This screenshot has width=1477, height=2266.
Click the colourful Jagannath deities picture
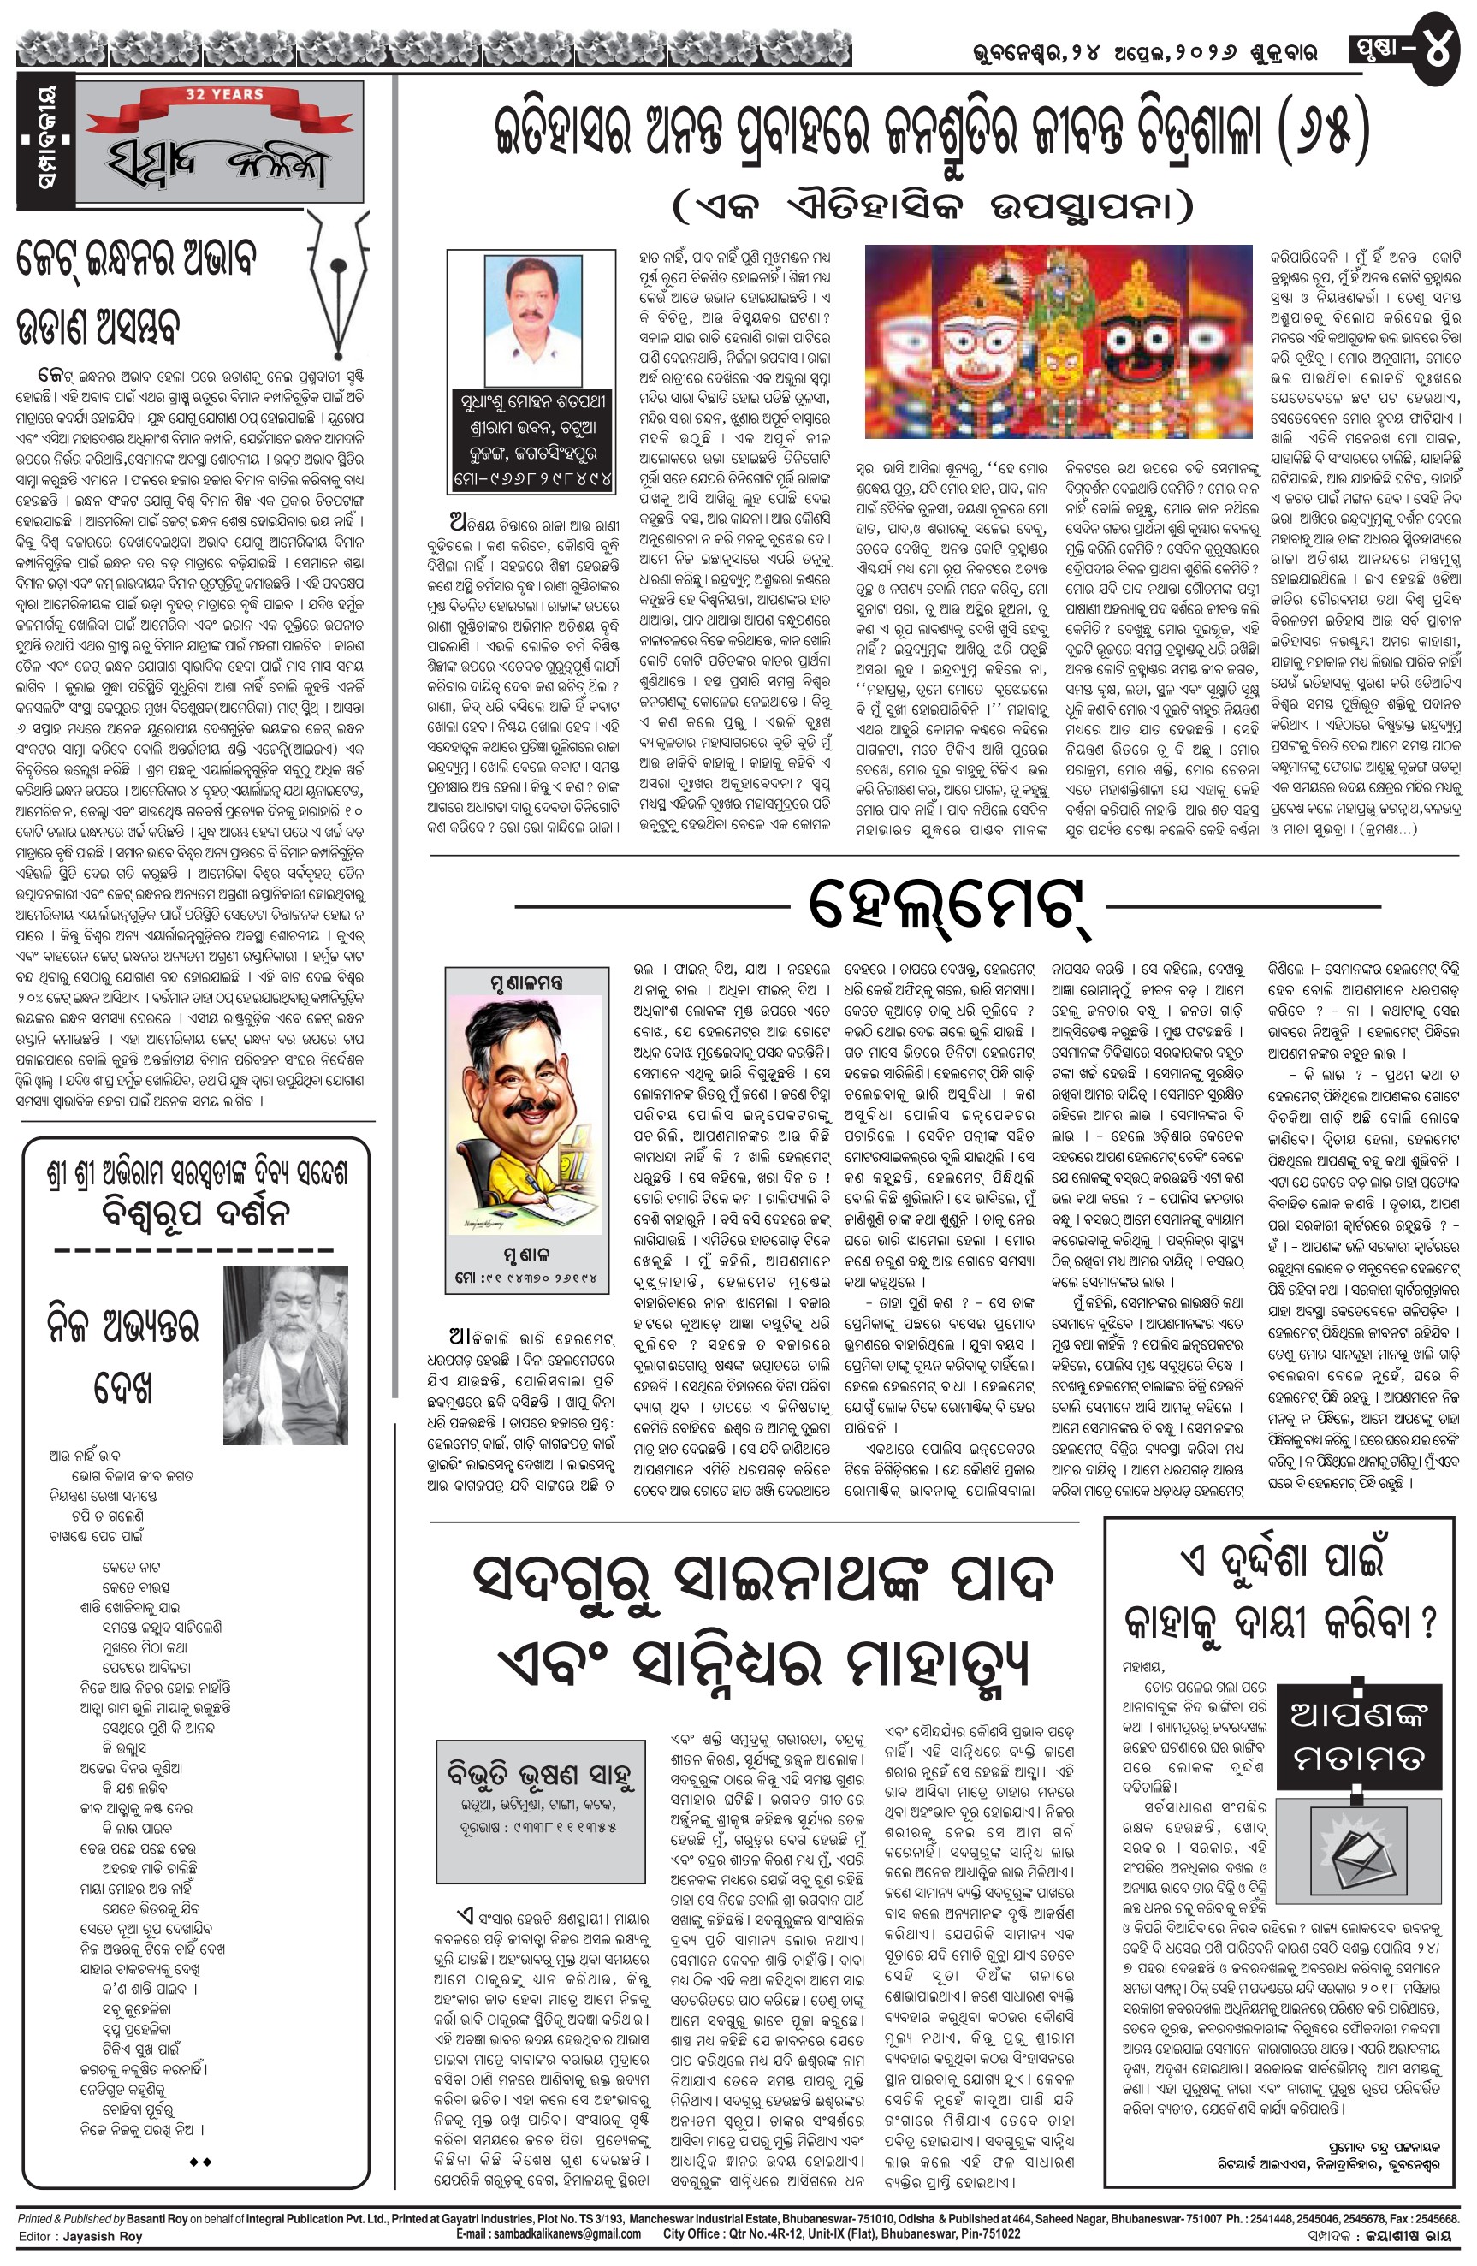pos(1058,341)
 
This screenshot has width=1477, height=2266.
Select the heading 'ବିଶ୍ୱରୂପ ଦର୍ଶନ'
pos(195,1213)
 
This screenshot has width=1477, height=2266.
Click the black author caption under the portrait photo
pos(532,439)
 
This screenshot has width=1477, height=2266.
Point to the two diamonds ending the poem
pos(200,2162)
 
